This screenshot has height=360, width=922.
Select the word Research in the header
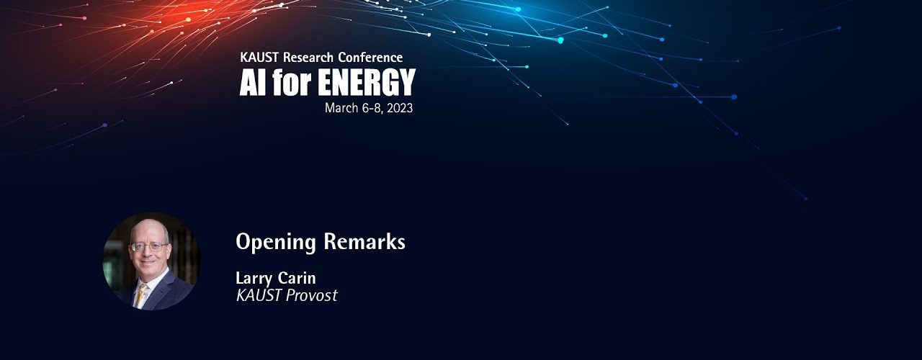308,57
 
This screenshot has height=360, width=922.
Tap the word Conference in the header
370,57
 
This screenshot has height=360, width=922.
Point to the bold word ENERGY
367,82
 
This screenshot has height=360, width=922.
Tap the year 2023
400,108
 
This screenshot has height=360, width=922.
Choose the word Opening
275,242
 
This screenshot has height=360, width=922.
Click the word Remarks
364,241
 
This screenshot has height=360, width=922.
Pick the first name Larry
254,279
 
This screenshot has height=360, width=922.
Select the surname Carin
296,278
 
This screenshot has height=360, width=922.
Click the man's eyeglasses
149,247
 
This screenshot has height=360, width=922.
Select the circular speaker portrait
151,261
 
